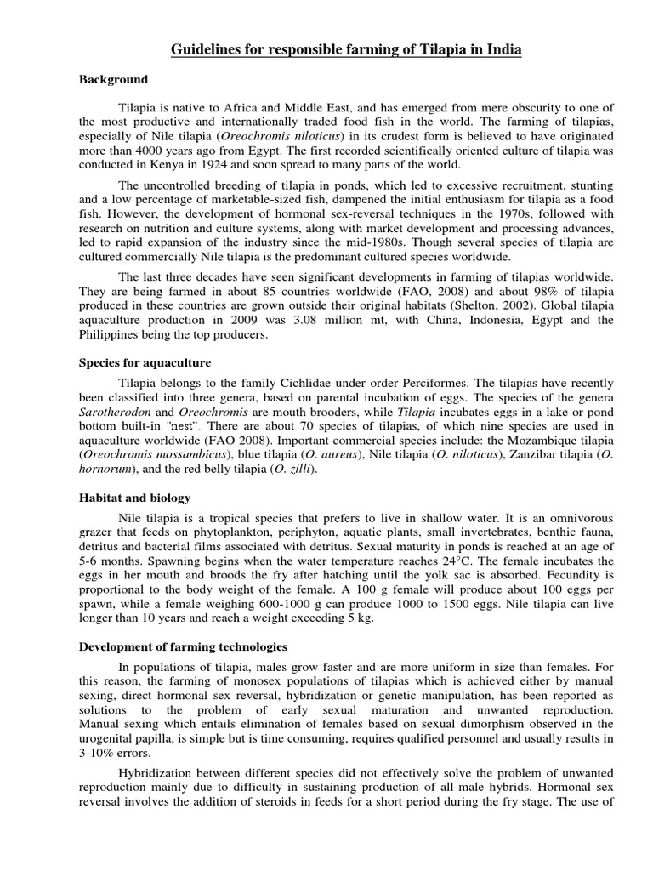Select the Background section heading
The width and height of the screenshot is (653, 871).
(x=113, y=80)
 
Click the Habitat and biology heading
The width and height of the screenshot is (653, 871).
(x=134, y=498)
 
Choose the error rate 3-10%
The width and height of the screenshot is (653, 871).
(x=101, y=752)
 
